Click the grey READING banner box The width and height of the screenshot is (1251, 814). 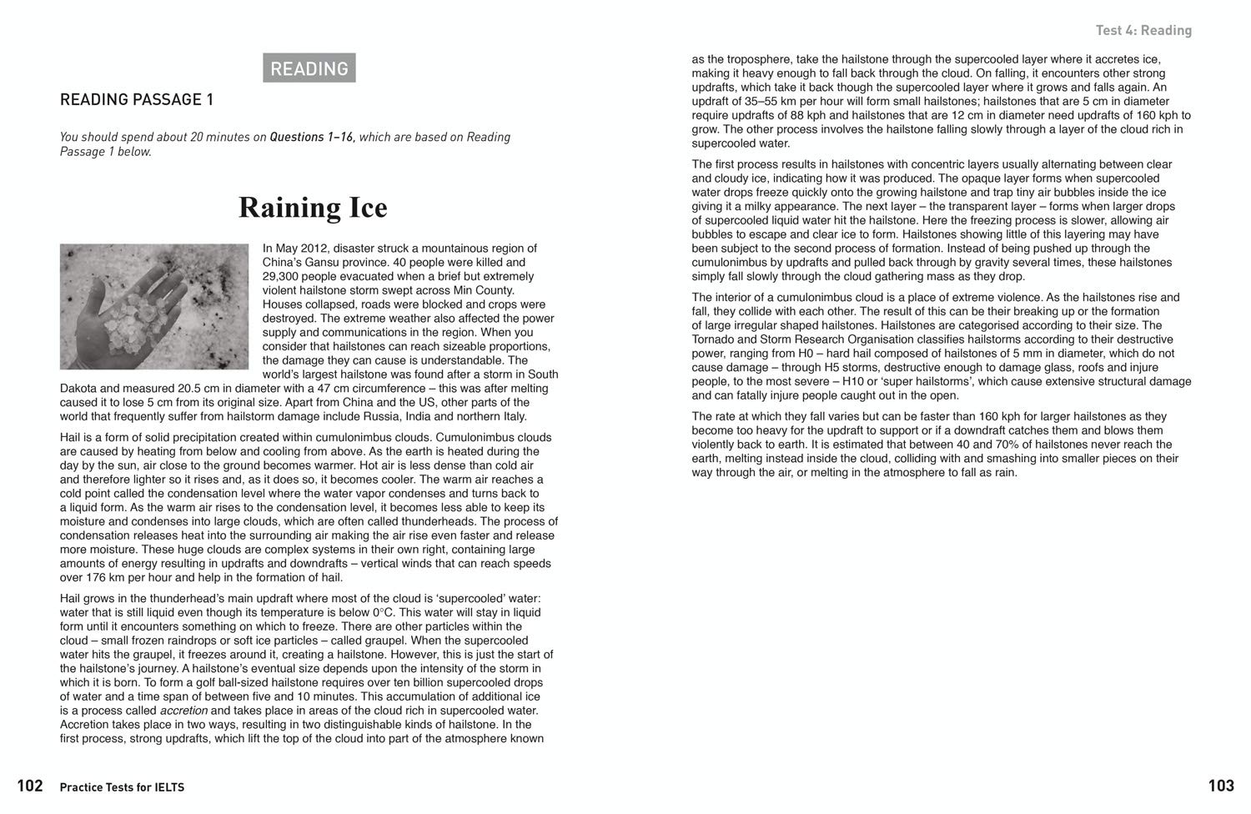pos(309,68)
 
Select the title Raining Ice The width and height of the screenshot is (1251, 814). pos(313,208)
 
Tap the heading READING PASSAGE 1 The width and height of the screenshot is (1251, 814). pos(137,100)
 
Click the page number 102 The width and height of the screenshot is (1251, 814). pos(30,786)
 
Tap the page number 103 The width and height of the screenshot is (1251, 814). pos(1221,786)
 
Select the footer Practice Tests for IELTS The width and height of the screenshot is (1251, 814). pos(122,787)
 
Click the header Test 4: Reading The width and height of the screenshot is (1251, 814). pos(1143,31)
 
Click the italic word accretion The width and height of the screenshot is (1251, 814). pos(183,711)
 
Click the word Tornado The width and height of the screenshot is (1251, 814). pos(713,339)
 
